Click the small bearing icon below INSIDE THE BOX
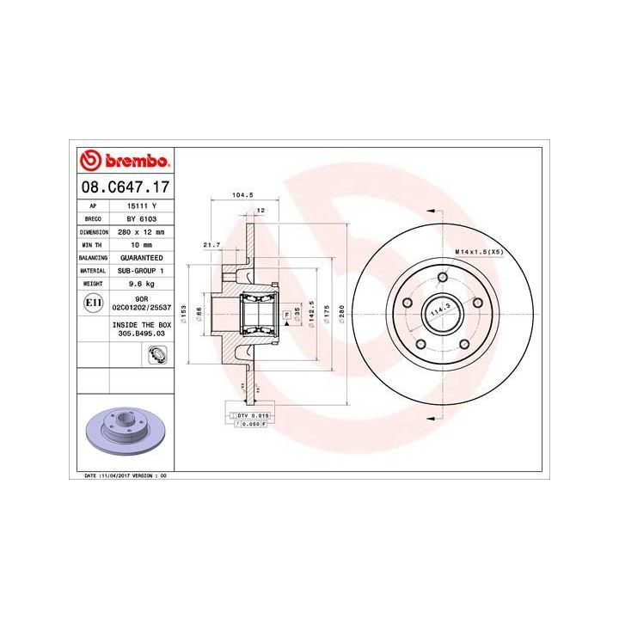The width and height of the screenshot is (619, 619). coord(157,352)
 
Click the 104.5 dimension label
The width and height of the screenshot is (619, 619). coord(242,195)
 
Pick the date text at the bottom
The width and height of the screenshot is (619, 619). coord(126,475)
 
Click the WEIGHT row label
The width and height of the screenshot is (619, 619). coord(93,282)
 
